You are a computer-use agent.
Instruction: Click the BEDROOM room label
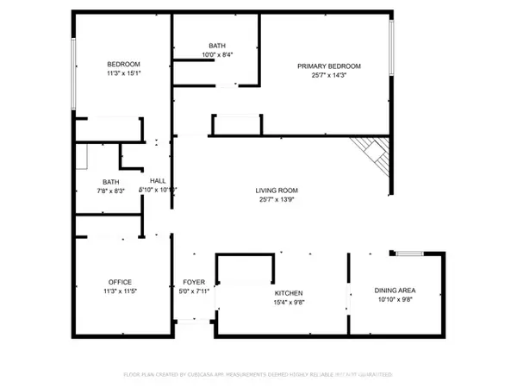123,65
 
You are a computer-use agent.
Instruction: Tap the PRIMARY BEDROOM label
329,66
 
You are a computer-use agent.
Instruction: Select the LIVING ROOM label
276,191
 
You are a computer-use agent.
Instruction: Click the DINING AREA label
395,291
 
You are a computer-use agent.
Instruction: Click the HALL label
158,180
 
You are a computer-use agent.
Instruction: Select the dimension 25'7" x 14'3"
329,76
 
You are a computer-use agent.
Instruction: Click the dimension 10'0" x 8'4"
216,55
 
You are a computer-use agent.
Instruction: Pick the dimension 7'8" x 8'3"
111,191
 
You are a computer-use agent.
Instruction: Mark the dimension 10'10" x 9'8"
395,300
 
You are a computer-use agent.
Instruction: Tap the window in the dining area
409,253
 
